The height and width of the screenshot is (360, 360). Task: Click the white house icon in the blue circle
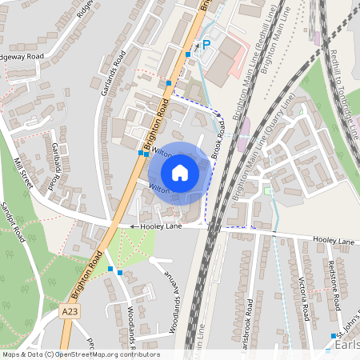click(x=180, y=173)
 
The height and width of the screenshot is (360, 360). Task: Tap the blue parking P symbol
click(x=206, y=46)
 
